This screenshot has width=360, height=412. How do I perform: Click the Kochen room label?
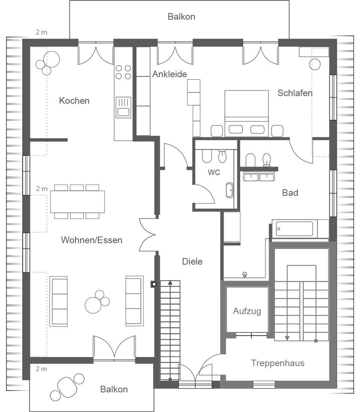[x=74, y=100]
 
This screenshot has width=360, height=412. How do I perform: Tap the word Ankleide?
[x=169, y=74]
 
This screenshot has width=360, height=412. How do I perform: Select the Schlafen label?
[x=295, y=93]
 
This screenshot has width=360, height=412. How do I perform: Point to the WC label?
[x=214, y=173]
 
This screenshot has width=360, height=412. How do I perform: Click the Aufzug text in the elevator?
[x=247, y=311]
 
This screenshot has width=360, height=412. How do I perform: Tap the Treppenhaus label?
[x=278, y=363]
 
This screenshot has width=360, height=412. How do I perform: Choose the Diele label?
[x=192, y=261]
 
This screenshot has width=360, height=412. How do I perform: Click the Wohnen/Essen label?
[x=91, y=240]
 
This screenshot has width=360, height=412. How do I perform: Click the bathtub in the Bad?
[x=295, y=229]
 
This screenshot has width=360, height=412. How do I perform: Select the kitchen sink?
[x=123, y=107]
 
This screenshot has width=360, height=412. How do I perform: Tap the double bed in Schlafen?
[x=246, y=113]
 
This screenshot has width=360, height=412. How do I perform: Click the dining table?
[x=78, y=202]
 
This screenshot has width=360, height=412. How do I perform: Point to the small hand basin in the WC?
[x=230, y=190]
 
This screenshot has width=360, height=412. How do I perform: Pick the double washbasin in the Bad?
[x=259, y=177]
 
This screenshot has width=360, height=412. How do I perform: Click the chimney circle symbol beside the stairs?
[x=154, y=284]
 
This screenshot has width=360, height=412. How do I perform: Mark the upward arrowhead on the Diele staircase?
[x=170, y=283]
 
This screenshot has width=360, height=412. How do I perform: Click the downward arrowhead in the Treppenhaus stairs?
[x=287, y=339]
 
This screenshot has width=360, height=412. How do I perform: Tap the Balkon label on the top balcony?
[x=182, y=17]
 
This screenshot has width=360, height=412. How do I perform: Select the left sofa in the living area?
[x=59, y=301]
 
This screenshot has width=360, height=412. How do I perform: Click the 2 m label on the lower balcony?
[x=42, y=369]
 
